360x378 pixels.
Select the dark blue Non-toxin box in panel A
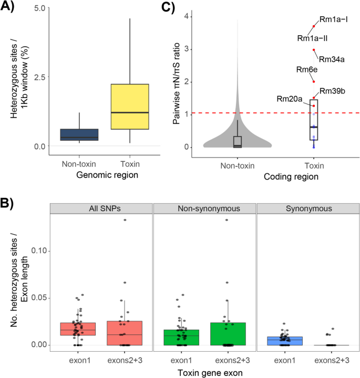click(79, 134)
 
